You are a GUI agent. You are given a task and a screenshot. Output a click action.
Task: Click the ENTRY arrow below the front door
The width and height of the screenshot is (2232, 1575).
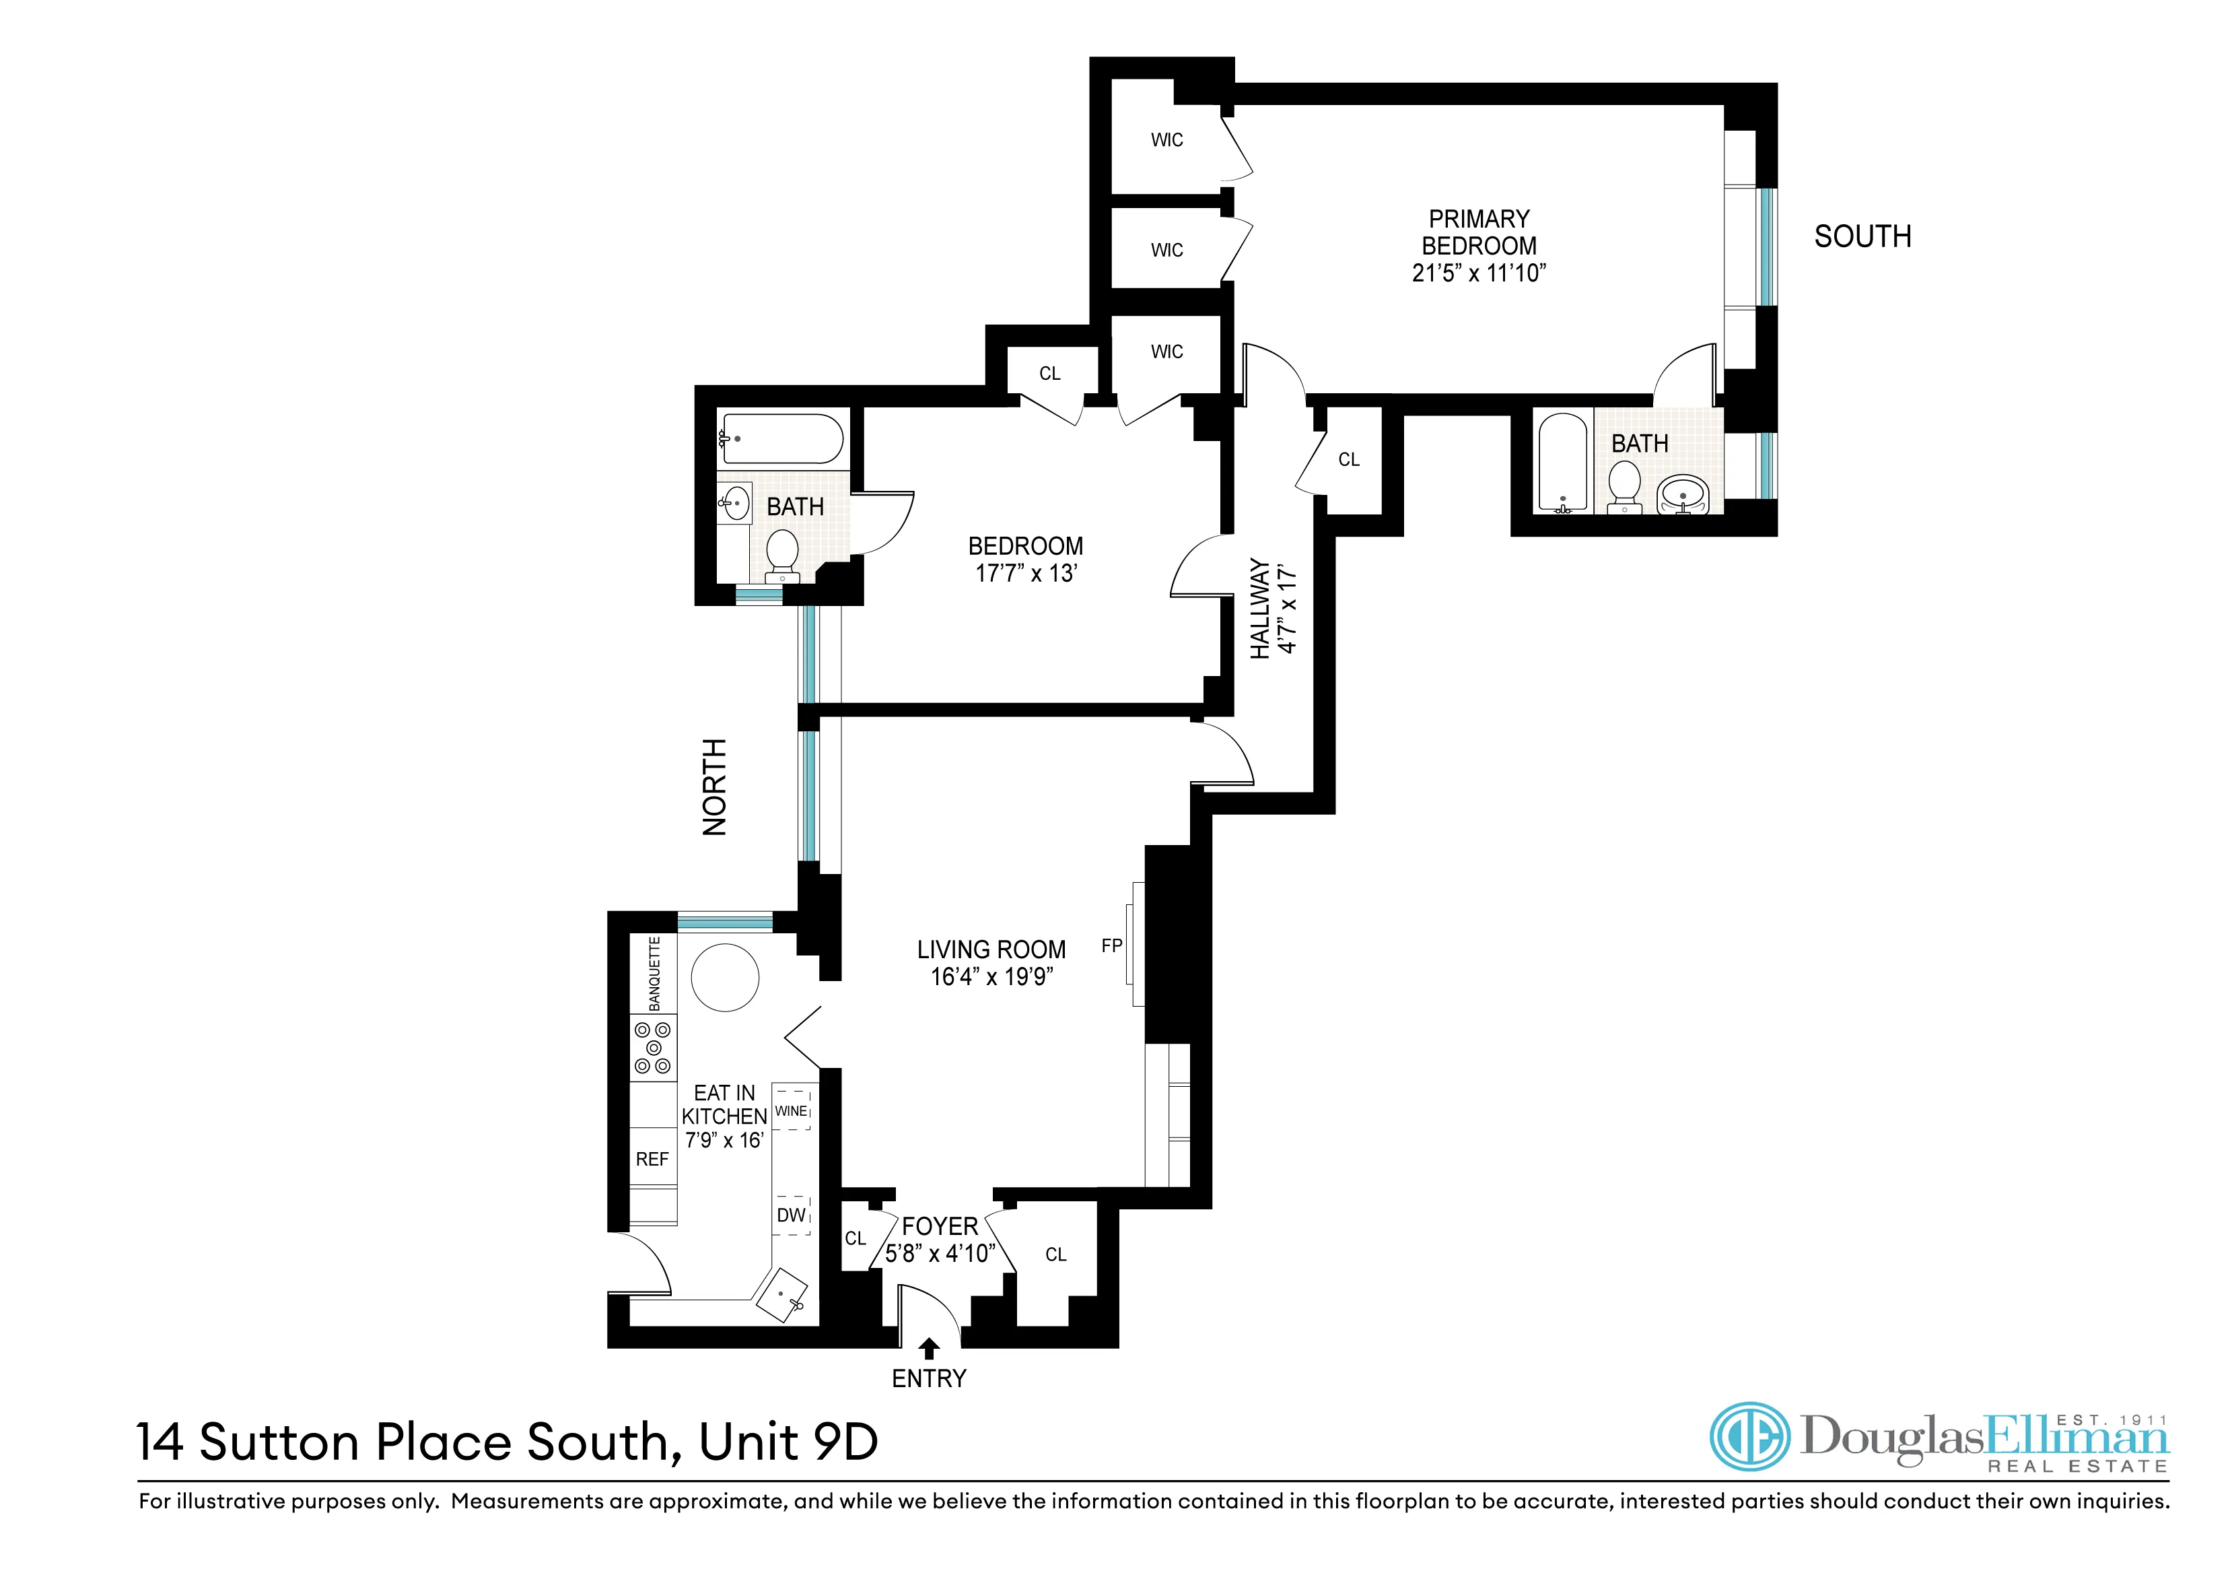(x=930, y=1349)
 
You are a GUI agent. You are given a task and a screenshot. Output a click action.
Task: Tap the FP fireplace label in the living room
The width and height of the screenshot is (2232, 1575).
(x=1111, y=945)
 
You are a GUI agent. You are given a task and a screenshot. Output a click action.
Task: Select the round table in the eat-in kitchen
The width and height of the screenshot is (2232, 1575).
(x=724, y=978)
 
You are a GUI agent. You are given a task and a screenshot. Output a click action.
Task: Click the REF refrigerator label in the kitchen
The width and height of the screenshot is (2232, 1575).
(x=652, y=1159)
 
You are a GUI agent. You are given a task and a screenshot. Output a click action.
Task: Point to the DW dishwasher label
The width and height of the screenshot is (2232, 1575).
(x=792, y=1215)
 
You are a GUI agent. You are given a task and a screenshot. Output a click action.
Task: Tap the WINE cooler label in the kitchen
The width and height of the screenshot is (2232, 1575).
(x=792, y=1110)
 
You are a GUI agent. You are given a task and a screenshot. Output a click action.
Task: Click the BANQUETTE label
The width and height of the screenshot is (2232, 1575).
(x=654, y=973)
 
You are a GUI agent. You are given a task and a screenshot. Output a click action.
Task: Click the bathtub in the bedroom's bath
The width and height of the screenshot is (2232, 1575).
(x=783, y=440)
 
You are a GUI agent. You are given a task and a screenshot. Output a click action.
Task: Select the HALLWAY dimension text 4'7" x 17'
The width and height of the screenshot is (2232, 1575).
(x=1288, y=609)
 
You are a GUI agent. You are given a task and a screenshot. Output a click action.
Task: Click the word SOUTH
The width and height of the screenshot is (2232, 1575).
(x=1862, y=236)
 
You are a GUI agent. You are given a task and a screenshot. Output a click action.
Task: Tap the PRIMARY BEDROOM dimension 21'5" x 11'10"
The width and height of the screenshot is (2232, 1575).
(x=1479, y=273)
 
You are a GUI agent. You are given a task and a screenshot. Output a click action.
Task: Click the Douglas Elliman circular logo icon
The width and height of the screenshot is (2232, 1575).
(x=1749, y=1436)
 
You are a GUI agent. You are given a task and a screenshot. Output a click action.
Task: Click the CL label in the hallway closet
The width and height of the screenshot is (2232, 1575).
(x=1348, y=460)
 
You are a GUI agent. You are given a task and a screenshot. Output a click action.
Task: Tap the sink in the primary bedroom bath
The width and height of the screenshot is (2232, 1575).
(x=1683, y=494)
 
